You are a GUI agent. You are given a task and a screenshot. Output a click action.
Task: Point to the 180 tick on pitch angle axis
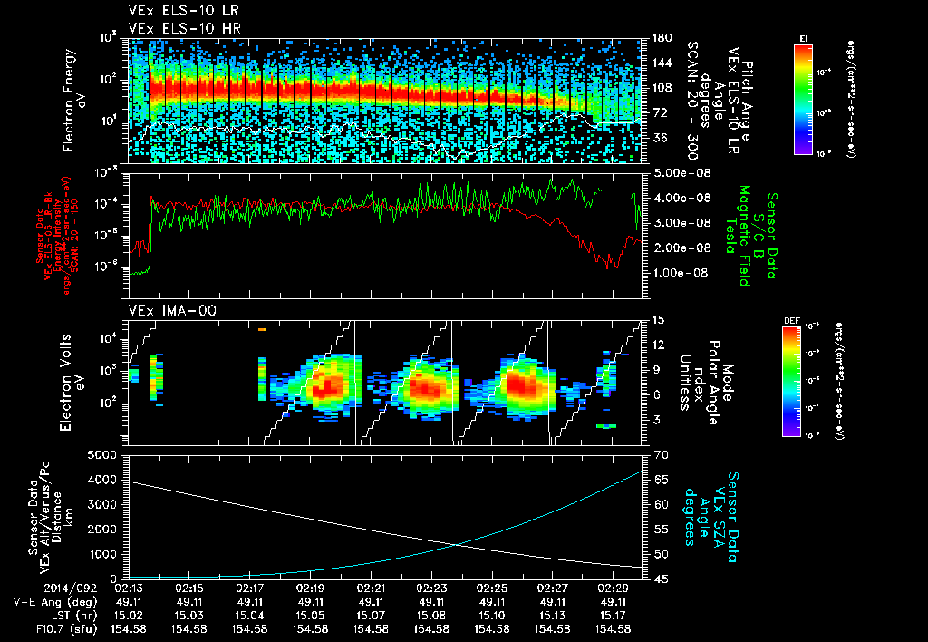pos(660,38)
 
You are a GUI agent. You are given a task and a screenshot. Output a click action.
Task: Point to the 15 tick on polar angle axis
pos(659,319)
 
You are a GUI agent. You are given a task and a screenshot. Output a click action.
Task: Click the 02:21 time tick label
pos(371,588)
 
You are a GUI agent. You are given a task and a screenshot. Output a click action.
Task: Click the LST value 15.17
pos(614,615)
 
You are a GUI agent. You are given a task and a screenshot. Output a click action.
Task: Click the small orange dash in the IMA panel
pos(261,330)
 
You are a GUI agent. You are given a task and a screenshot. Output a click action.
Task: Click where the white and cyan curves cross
pos(457,543)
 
